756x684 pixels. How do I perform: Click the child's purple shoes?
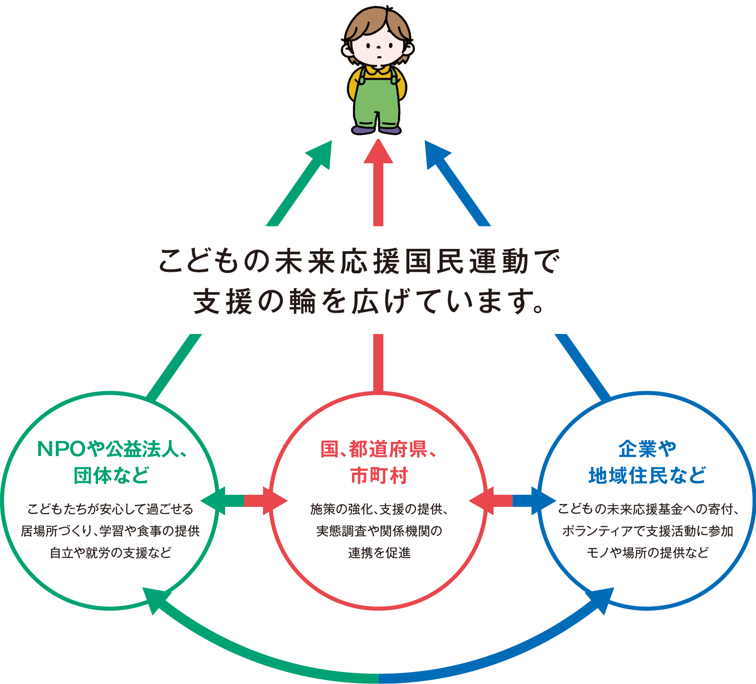tap(377, 130)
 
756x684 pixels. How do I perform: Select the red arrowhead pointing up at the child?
tap(378, 152)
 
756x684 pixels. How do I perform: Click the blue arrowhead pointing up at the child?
tap(436, 152)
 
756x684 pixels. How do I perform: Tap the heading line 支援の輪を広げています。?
tap(369, 301)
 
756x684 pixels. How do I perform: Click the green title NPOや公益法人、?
tap(112, 449)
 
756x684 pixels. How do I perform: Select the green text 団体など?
tap(111, 475)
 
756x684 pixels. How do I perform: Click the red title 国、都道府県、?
tap(378, 449)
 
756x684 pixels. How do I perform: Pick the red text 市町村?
tap(378, 475)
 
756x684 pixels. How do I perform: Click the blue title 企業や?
tap(647, 449)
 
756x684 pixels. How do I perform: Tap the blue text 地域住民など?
tap(647, 475)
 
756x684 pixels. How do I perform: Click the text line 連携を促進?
tap(378, 553)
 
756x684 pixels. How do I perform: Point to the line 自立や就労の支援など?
tap(111, 553)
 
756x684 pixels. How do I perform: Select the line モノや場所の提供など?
tap(647, 553)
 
